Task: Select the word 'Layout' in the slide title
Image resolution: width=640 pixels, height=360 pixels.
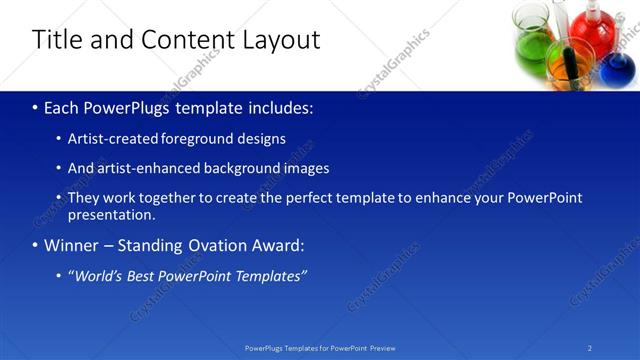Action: (x=280, y=40)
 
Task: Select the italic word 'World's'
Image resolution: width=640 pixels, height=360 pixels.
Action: (x=104, y=276)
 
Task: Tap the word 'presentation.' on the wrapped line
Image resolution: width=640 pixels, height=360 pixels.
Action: (x=111, y=214)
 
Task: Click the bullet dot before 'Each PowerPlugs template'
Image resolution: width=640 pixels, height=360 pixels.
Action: (x=36, y=107)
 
